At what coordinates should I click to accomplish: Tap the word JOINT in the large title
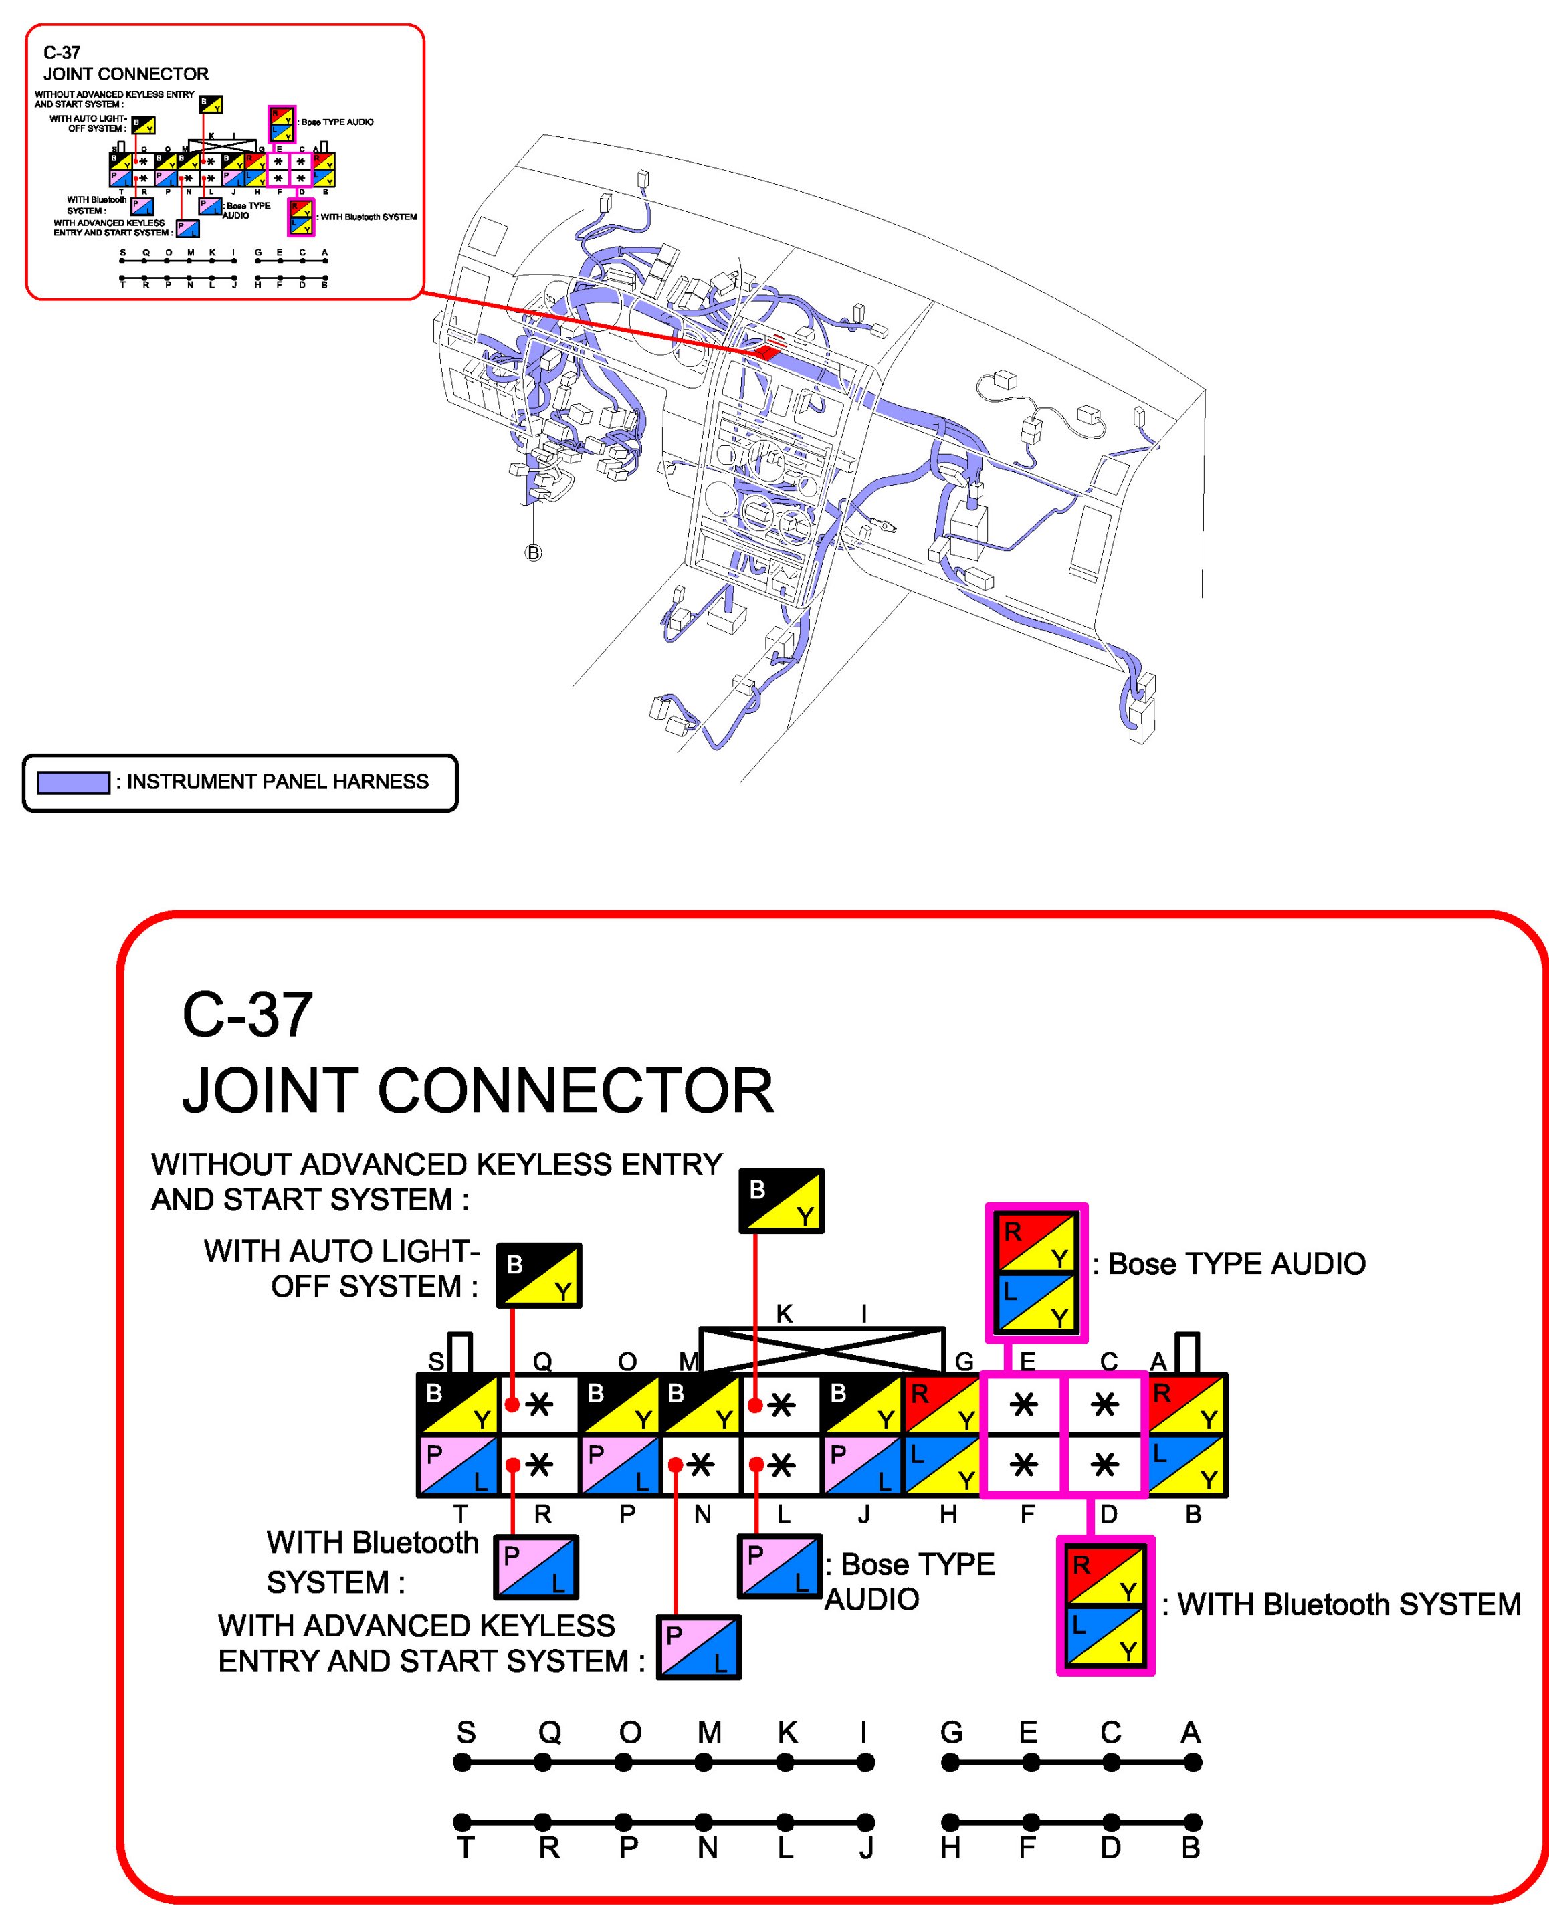272,1091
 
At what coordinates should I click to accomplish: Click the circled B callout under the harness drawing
533,553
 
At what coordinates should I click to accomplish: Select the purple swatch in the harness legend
74,782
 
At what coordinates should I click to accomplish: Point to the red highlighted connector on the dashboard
767,351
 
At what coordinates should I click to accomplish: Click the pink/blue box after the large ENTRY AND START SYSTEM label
698,1647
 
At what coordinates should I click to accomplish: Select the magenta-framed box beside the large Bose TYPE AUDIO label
1036,1272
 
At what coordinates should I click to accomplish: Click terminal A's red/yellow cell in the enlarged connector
1187,1404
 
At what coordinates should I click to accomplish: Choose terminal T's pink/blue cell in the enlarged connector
458,1466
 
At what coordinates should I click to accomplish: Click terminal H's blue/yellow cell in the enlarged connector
943,1466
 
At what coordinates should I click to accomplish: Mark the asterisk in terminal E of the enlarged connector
1024,1404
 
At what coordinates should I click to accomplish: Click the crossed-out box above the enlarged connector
822,1349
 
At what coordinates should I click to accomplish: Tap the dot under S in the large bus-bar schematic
462,1763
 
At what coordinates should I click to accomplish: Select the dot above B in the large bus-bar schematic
1193,1822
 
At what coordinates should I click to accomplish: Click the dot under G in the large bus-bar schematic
950,1763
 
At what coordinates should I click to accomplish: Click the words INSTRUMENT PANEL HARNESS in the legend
277,782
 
